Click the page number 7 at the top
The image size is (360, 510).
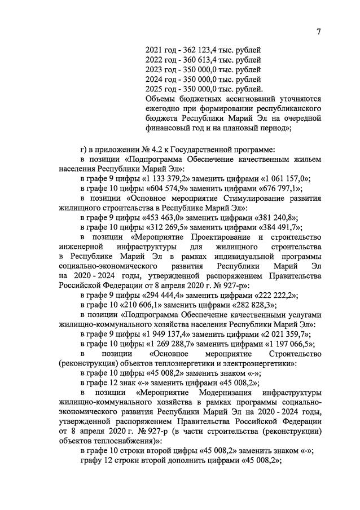coord(318,32)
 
